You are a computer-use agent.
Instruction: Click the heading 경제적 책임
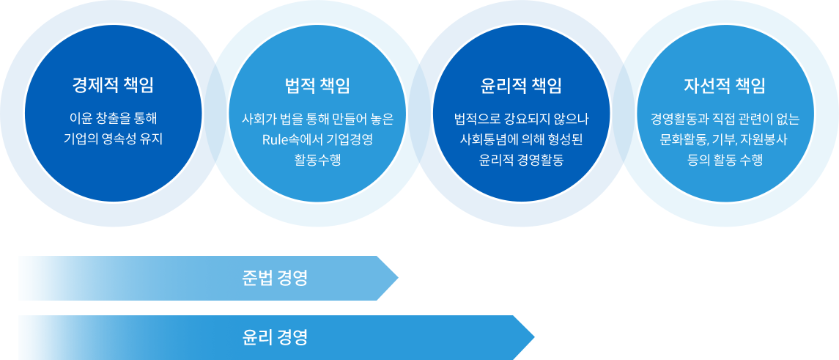pyautogui.click(x=114, y=85)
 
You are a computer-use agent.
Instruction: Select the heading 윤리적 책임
pyautogui.click(x=521, y=85)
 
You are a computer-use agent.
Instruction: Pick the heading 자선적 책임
pyautogui.click(x=725, y=85)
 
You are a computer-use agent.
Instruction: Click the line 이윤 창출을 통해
pyautogui.click(x=114, y=118)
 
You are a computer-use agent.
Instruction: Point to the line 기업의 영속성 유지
pyautogui.click(x=114, y=139)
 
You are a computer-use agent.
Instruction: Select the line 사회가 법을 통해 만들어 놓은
pyautogui.click(x=317, y=118)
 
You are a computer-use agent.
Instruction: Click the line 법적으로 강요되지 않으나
pyautogui.click(x=521, y=118)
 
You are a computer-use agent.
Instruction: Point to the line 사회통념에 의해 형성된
pyautogui.click(x=521, y=139)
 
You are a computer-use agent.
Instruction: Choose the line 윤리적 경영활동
pyautogui.click(x=521, y=160)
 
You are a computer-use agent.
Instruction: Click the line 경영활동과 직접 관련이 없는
pyautogui.click(x=725, y=118)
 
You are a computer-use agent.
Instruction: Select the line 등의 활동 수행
pyautogui.click(x=725, y=160)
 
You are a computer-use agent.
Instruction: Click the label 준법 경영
pyautogui.click(x=275, y=279)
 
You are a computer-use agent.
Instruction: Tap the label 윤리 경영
pyautogui.click(x=275, y=337)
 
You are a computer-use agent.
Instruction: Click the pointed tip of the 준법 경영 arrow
pyautogui.click(x=398, y=278)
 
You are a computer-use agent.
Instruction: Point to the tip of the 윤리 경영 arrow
pyautogui.click(x=534, y=337)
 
